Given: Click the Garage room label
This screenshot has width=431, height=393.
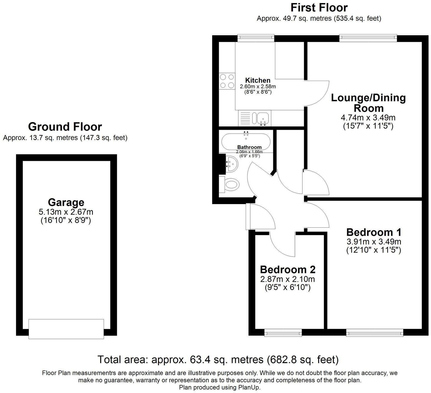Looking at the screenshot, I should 66,202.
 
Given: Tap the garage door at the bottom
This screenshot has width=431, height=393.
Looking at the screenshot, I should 66,329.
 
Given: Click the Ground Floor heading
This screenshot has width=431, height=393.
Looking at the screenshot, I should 65,127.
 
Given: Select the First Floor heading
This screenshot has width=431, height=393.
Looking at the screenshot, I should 319,7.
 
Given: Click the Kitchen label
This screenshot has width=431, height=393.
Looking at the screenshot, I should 258,80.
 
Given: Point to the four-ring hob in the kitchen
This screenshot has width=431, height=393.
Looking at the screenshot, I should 227,81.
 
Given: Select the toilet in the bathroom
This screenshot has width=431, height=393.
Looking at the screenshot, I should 232,184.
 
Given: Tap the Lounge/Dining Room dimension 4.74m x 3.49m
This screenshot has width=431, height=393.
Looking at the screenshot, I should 368,118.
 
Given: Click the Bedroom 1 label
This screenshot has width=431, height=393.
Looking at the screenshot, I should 374,232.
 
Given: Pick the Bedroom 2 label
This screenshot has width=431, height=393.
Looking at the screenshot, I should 288,270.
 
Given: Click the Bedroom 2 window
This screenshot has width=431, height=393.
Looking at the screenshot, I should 283,333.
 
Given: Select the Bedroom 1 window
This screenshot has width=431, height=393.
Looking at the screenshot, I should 375,333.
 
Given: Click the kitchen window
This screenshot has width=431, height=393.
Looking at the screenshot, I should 256,38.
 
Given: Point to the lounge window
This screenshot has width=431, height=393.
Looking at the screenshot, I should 368,38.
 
